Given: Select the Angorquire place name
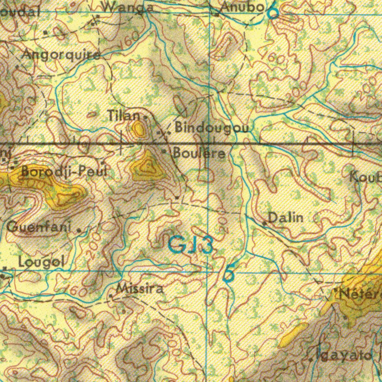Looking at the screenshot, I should [x=61, y=55].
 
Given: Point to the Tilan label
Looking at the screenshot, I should [x=124, y=116].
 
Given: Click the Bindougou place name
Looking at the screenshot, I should [x=212, y=128].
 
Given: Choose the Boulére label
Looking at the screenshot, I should [x=199, y=153].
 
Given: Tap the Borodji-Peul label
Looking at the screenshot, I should [x=64, y=171].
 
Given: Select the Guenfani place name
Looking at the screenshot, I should [x=39, y=226].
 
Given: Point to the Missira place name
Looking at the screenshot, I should [x=140, y=288].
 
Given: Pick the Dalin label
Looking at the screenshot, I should [x=286, y=217].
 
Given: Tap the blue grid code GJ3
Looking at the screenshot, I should [x=191, y=245].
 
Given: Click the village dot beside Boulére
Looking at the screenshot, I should [x=164, y=151].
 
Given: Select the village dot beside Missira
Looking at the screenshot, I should [x=111, y=296].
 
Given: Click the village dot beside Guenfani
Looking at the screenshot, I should [x=79, y=231].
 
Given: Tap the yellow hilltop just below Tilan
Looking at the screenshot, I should [x=139, y=129].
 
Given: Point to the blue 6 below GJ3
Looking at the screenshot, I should [x=229, y=274].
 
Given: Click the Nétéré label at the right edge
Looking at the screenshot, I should [x=360, y=294].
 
